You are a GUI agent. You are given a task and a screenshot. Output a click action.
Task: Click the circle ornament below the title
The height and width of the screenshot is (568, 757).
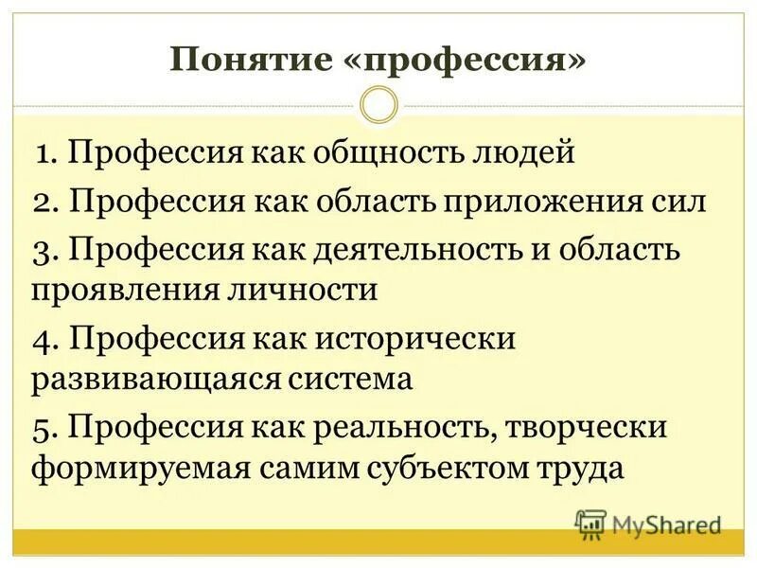(x=378, y=104)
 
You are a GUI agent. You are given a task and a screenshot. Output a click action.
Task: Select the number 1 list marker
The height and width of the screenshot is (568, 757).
(x=44, y=154)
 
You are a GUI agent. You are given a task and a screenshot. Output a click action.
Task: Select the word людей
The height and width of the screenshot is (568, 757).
(x=523, y=154)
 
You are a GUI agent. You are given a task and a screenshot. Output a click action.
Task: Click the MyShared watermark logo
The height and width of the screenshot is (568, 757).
(x=648, y=524)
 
